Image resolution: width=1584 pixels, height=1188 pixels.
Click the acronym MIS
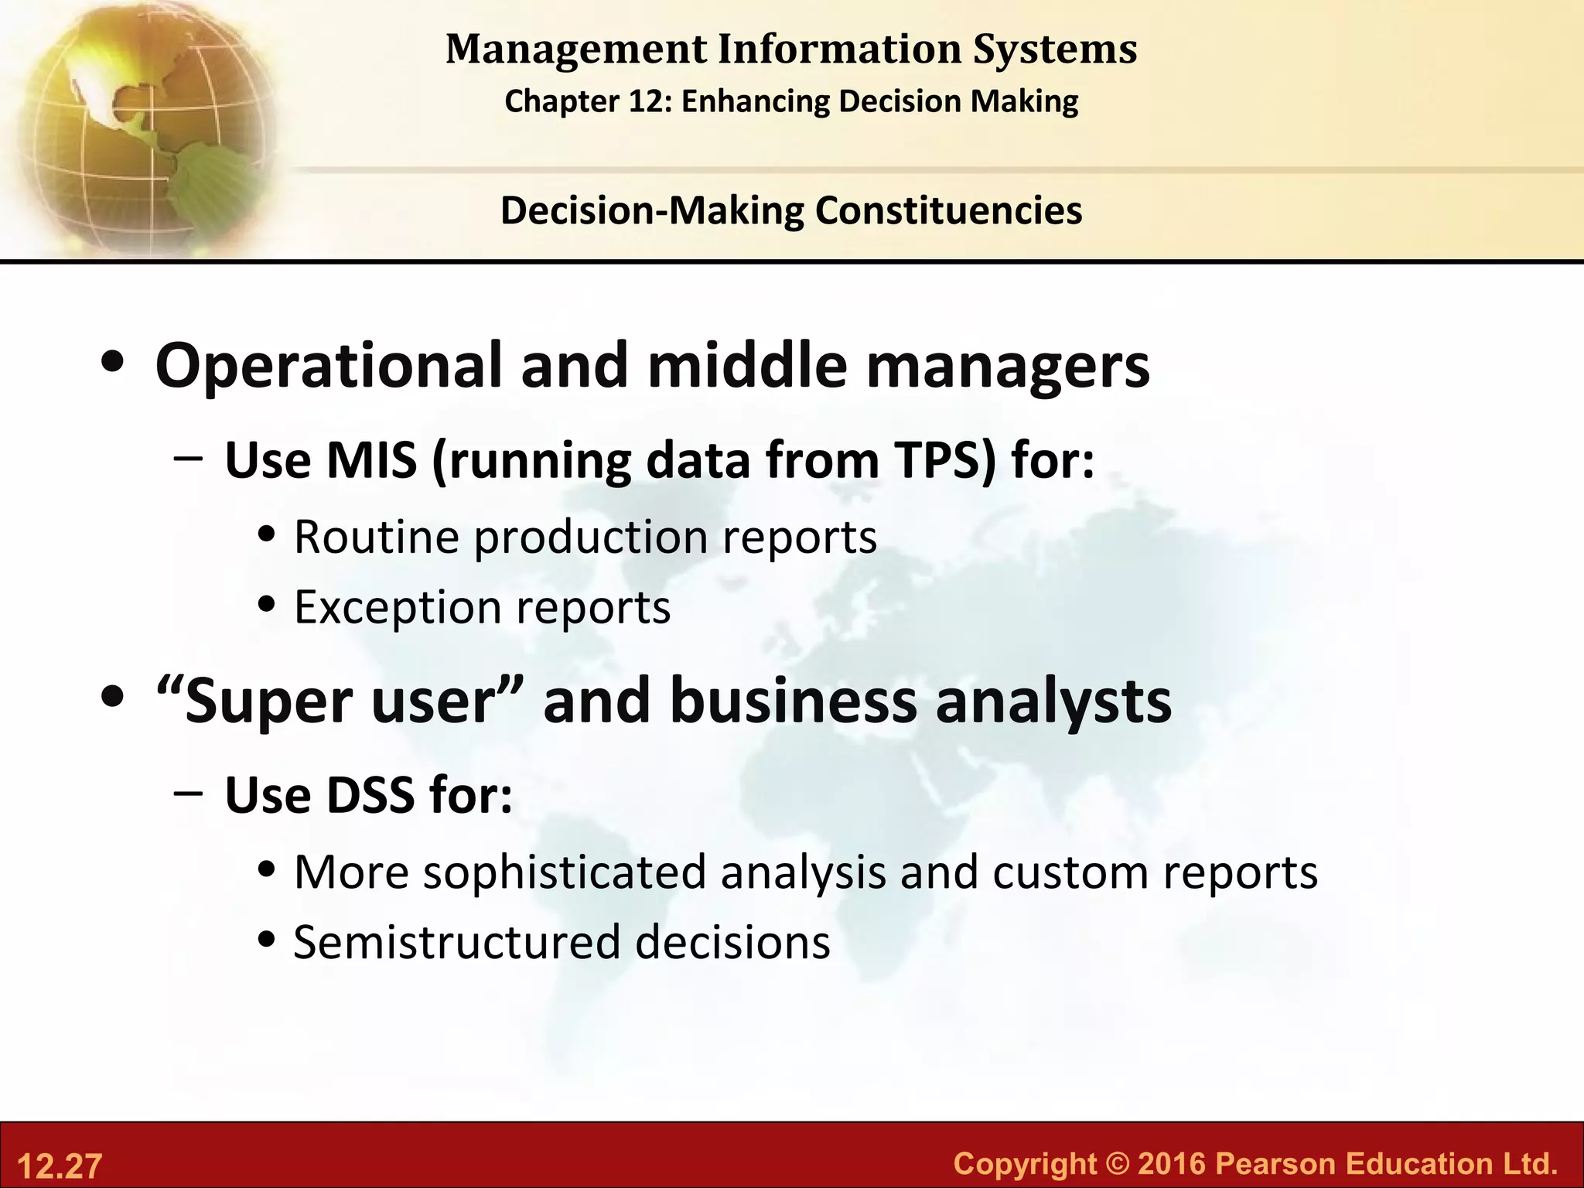click(x=371, y=461)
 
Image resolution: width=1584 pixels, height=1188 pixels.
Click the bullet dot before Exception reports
click(x=267, y=606)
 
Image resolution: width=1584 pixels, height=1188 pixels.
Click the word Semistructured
click(x=457, y=943)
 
